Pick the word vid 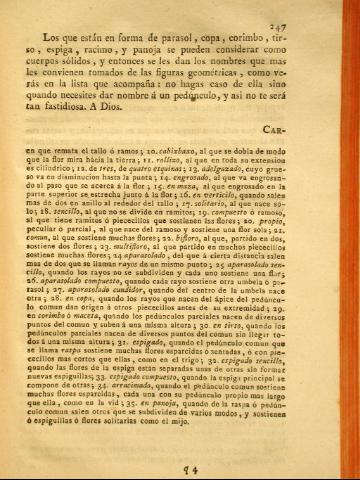tap(150, 436)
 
